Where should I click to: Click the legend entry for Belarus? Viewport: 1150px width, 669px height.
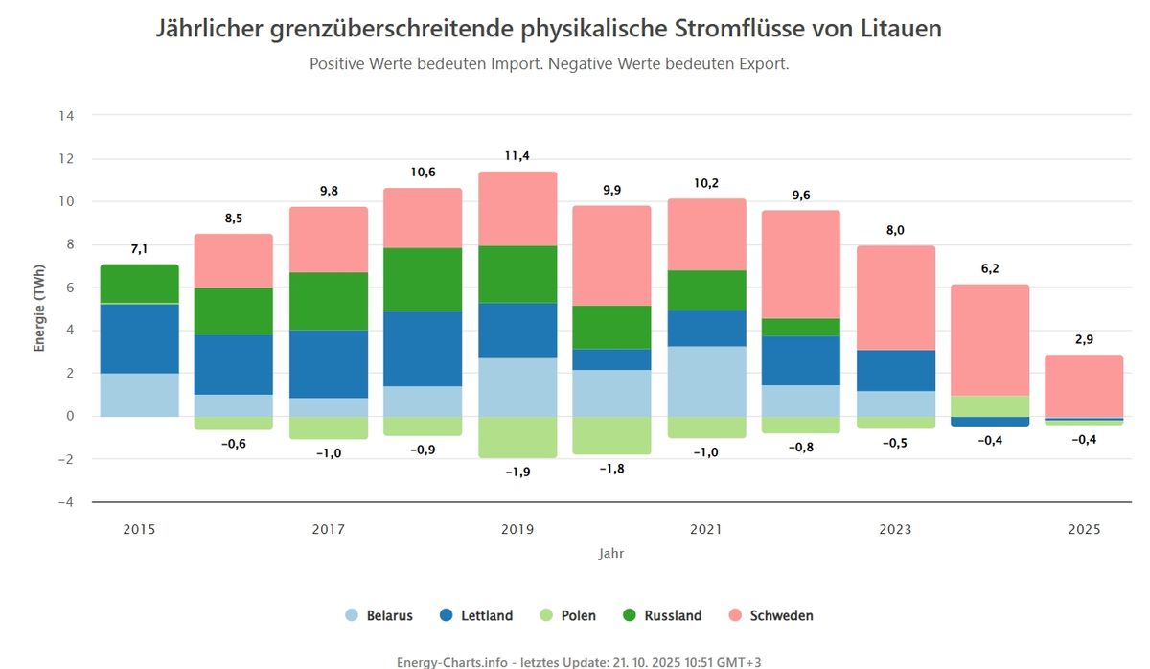point(379,615)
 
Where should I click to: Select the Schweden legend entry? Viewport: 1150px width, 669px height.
point(771,615)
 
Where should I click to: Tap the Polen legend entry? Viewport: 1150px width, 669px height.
point(567,615)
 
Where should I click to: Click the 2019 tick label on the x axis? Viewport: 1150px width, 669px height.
point(517,529)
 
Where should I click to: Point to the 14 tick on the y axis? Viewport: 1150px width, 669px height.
point(67,116)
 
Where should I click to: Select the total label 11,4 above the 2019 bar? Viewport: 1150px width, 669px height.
point(517,156)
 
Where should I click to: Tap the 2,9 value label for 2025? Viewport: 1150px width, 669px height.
point(1084,339)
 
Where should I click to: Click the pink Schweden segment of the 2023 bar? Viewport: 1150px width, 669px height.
point(896,297)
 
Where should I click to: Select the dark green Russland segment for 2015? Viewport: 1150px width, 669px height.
point(139,284)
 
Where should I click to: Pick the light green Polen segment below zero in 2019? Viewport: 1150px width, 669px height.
point(517,437)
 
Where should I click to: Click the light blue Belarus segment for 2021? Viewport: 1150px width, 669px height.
point(707,381)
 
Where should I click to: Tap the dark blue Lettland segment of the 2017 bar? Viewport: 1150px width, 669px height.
point(329,363)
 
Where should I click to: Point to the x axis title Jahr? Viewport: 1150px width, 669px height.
point(611,553)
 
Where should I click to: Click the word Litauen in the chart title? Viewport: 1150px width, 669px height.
point(897,29)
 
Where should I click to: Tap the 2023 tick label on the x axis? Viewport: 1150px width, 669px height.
point(896,529)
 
